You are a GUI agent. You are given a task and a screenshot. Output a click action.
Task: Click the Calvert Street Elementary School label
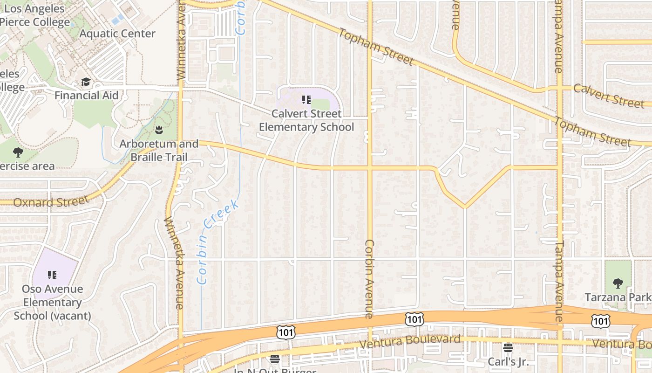pyautogui.click(x=306, y=120)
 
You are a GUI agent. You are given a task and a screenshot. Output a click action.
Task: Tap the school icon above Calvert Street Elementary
pyautogui.click(x=306, y=99)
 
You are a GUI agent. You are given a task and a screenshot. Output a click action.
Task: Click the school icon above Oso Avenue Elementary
pyautogui.click(x=52, y=275)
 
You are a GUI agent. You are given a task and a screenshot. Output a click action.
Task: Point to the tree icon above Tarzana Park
pyautogui.click(x=618, y=283)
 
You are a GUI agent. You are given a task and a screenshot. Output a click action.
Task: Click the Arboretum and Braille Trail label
pyautogui.click(x=159, y=150)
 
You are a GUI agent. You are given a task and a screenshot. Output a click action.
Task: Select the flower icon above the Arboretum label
pyautogui.click(x=159, y=129)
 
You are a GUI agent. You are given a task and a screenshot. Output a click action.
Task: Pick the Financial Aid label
pyautogui.click(x=87, y=96)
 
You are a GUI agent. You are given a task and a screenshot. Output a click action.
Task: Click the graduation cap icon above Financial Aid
pyautogui.click(x=86, y=82)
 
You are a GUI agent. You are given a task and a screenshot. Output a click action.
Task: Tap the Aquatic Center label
pyautogui.click(x=117, y=34)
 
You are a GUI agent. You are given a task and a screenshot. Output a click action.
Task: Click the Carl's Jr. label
pyautogui.click(x=508, y=362)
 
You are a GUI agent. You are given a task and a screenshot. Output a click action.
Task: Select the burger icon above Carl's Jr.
pyautogui.click(x=508, y=348)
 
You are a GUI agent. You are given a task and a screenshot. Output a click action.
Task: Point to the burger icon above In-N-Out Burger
pyautogui.click(x=275, y=359)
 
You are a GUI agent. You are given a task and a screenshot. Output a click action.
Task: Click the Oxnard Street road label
pyautogui.click(x=51, y=202)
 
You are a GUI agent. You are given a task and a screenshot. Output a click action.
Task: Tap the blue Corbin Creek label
pyautogui.click(x=217, y=242)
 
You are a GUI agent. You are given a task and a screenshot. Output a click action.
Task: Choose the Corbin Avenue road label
pyautogui.click(x=370, y=279)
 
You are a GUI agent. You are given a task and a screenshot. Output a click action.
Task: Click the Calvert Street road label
pyautogui.click(x=608, y=95)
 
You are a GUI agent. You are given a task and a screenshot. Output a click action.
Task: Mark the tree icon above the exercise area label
pyautogui.click(x=18, y=152)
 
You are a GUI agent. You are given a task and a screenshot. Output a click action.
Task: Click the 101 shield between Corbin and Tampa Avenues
pyautogui.click(x=414, y=319)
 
